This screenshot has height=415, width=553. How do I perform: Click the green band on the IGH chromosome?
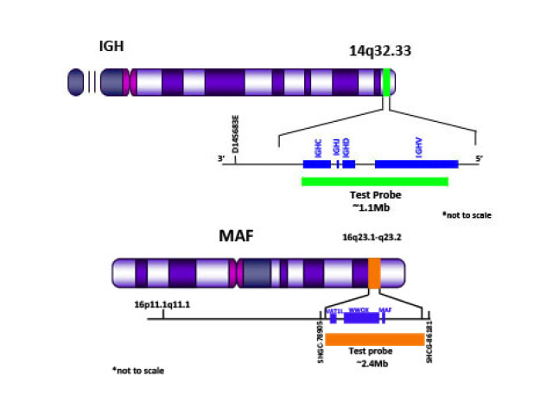pos(386,82)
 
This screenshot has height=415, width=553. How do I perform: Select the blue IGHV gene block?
pos(416,163)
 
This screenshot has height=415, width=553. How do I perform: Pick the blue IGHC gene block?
pos(316,163)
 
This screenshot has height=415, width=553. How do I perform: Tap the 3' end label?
pos(219,158)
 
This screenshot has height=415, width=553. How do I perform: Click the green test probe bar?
pos(374,182)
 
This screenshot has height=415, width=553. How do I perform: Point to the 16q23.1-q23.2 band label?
pos(372,238)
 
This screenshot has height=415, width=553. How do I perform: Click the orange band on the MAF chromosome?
pos(374,273)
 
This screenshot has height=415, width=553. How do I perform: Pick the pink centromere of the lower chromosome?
pos(233,273)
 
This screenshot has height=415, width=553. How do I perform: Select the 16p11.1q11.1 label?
pos(162,304)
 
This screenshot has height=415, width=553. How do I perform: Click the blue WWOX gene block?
pos(362,318)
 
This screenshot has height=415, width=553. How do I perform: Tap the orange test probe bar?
pos(374,339)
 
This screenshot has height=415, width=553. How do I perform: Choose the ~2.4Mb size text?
pos(373,365)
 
